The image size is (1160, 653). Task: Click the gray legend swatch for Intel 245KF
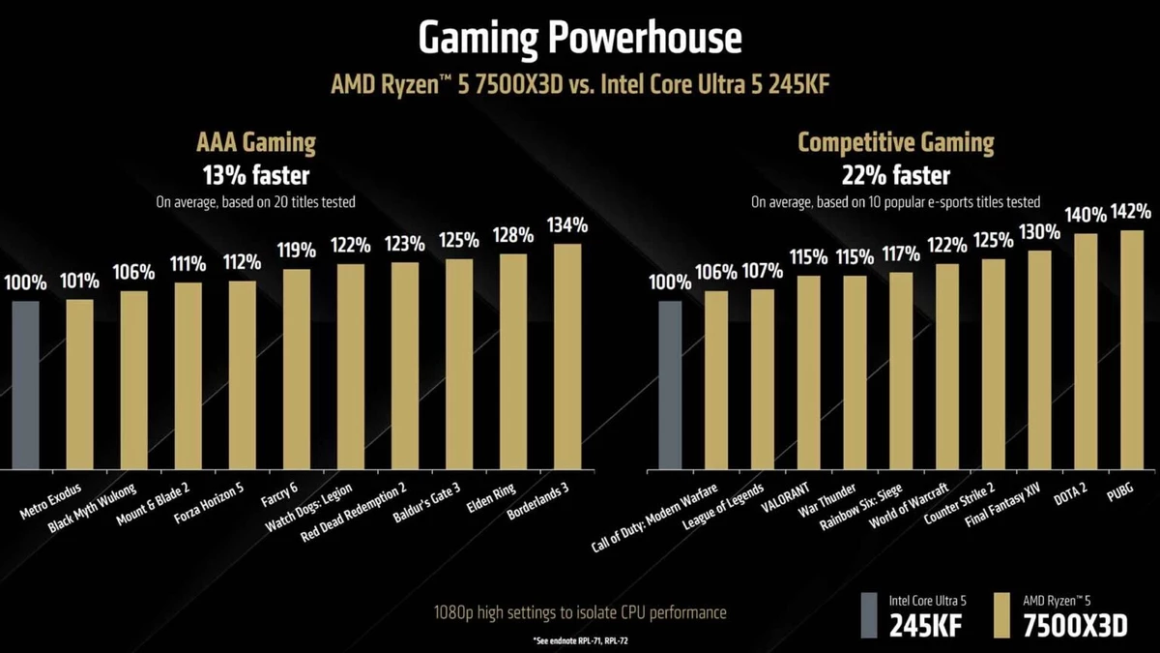pos(870,615)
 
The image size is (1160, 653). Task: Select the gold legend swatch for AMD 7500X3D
pos(1001,615)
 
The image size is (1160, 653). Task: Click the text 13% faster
pos(256,176)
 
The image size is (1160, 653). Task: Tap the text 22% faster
pos(895,176)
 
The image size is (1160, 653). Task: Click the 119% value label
pos(296,251)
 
